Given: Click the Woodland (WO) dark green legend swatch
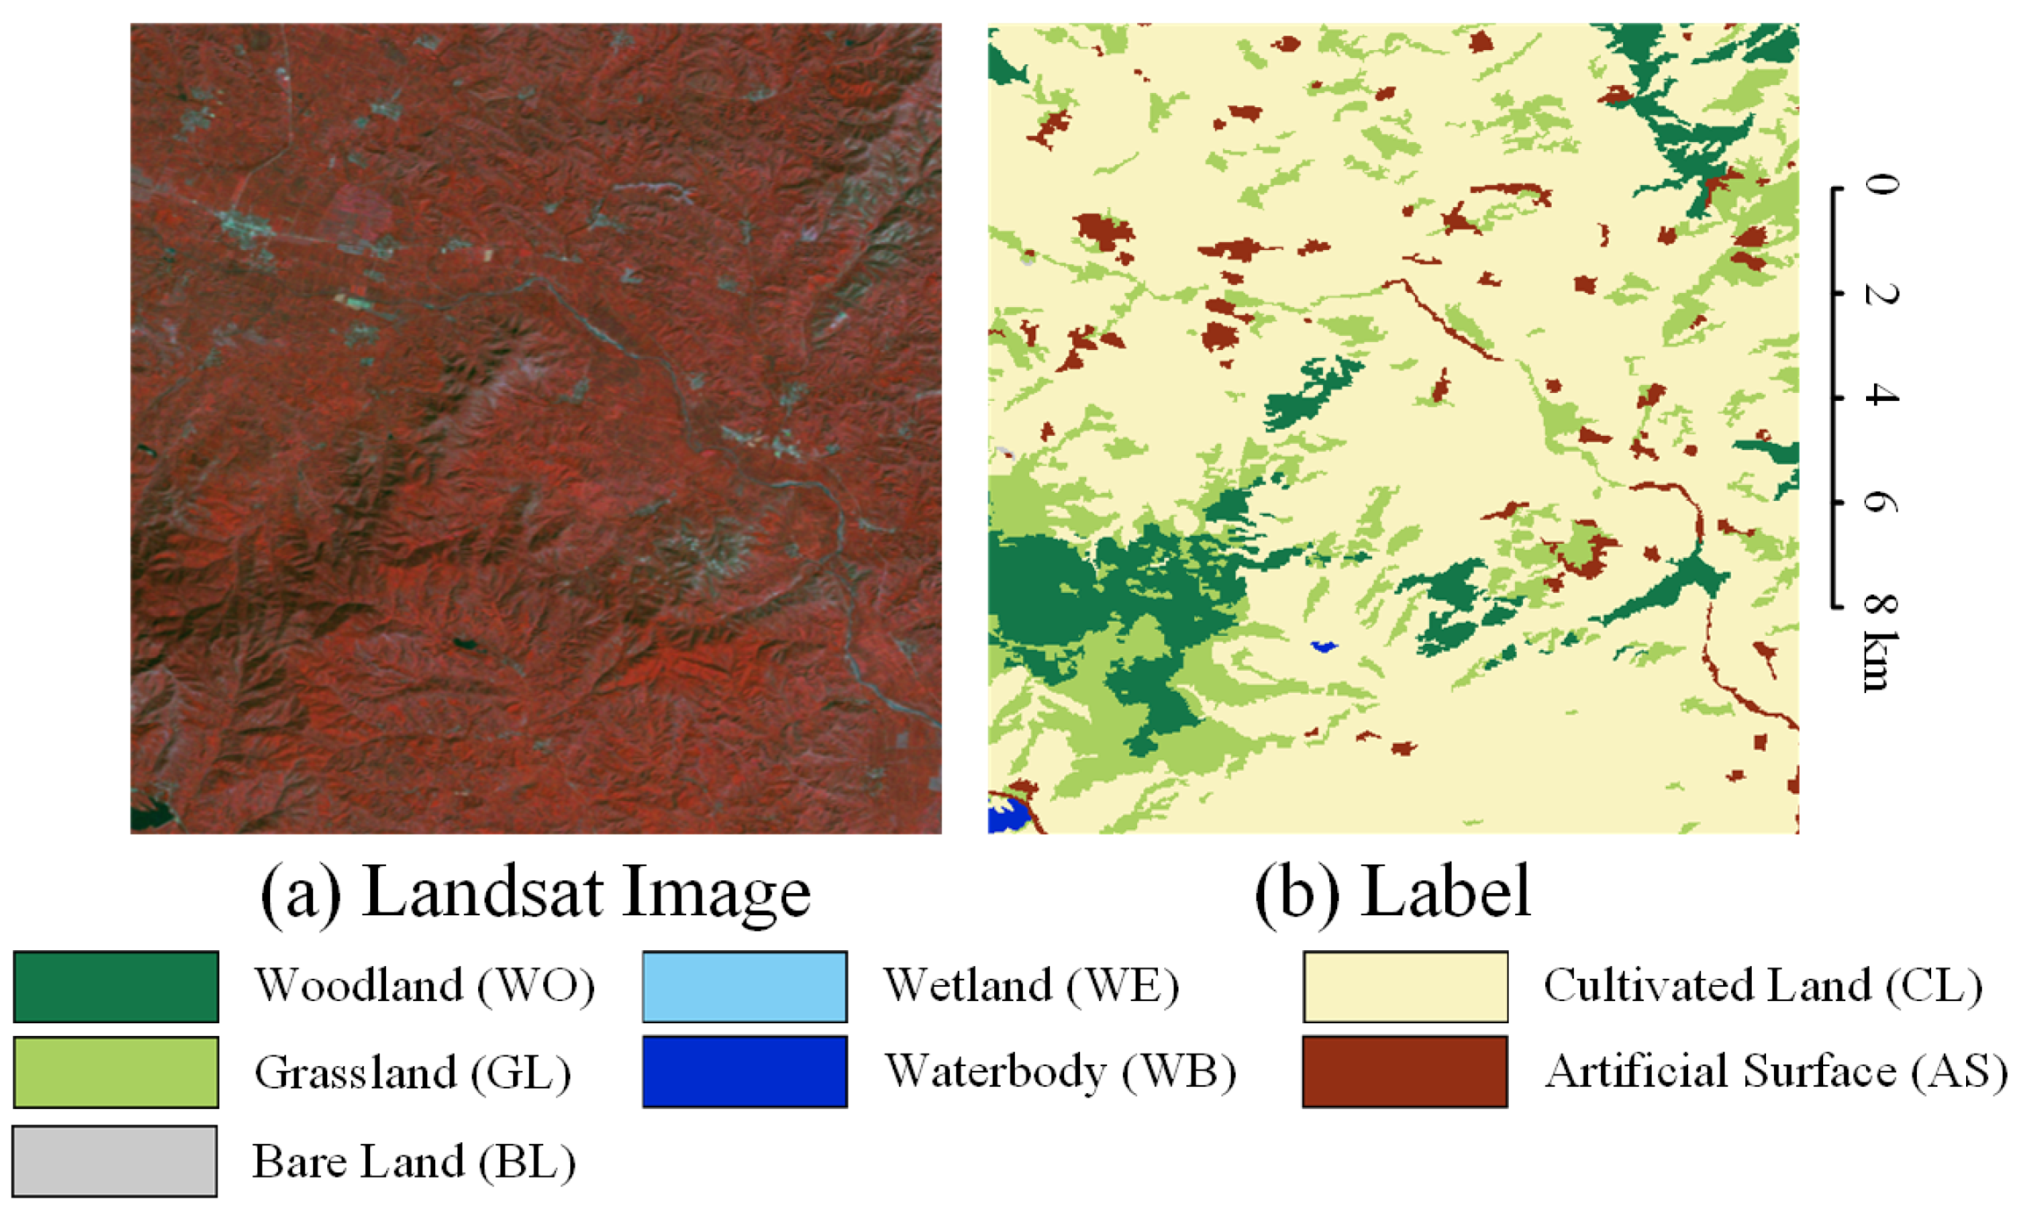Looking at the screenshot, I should [116, 987].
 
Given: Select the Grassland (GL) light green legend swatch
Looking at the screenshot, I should [116, 1072].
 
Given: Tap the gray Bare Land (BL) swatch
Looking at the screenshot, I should [115, 1160].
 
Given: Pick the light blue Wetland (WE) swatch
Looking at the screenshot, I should [744, 987].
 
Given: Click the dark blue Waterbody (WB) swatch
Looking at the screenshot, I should [744, 1072].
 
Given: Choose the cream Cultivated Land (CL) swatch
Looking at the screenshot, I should [1405, 987].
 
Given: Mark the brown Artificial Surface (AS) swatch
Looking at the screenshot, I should [1405, 1072].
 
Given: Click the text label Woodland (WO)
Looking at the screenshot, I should [425, 985].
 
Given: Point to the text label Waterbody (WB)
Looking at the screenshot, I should [1060, 1071].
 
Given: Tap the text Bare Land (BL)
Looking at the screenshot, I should [414, 1161].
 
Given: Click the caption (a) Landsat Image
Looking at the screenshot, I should [535, 893].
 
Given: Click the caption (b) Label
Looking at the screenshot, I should [1393, 893].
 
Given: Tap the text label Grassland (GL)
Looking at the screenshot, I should [412, 1072].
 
